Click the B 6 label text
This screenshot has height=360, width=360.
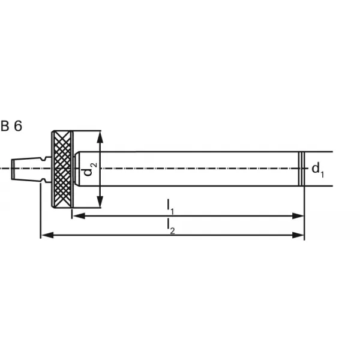click(x=11, y=126)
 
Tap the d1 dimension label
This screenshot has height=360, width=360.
click(x=318, y=169)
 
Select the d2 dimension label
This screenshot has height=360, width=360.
click(x=90, y=169)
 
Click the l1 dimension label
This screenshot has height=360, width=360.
click(x=170, y=206)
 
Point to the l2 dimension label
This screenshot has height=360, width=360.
click(x=171, y=227)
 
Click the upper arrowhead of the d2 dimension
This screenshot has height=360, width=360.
click(x=100, y=137)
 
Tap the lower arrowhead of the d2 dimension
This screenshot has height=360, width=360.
click(x=100, y=202)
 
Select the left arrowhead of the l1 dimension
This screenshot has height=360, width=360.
click(x=79, y=216)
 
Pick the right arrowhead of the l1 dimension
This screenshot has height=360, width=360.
click(x=298, y=216)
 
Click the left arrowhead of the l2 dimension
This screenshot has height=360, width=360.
click(x=47, y=235)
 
